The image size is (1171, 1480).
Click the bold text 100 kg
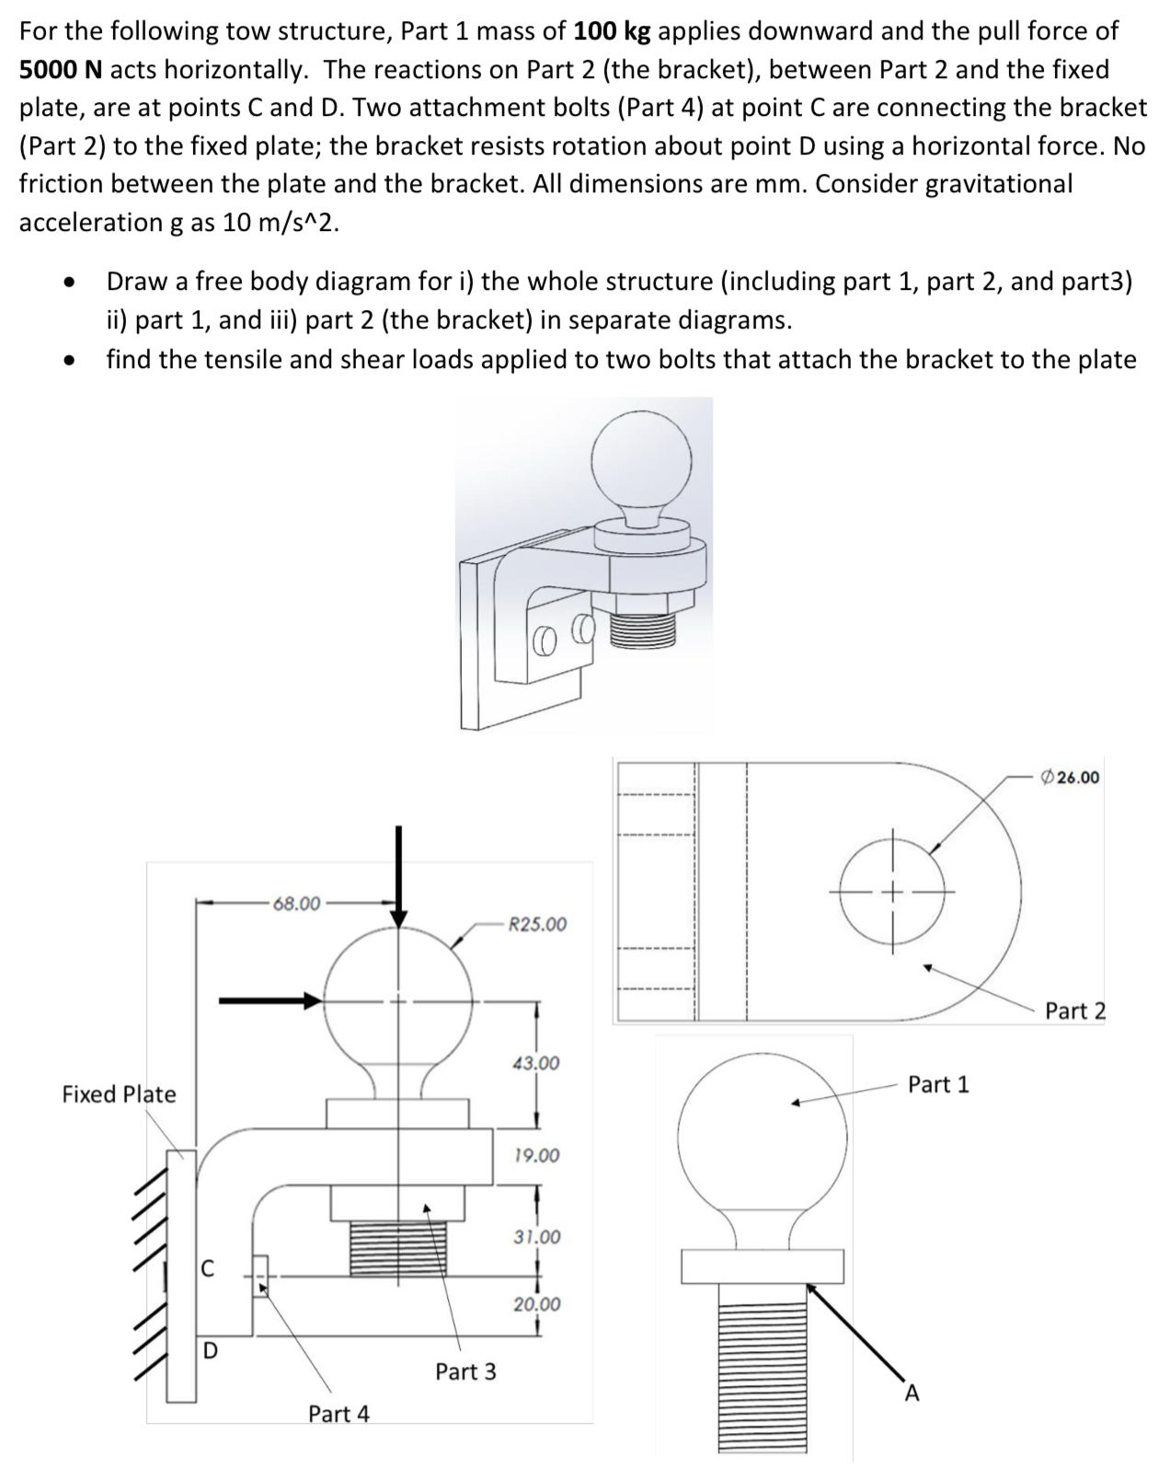[612, 31]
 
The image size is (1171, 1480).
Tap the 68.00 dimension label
[297, 903]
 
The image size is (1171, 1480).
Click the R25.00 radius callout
[537, 923]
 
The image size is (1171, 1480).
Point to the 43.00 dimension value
[535, 1063]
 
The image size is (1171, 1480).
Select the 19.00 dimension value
[536, 1155]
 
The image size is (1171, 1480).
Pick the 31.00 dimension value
[536, 1236]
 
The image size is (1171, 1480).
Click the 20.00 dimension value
[536, 1303]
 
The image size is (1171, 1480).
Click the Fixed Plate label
[119, 1093]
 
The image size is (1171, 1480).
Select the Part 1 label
[937, 1084]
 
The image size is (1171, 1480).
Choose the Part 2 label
[1074, 1011]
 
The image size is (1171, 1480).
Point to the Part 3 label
[465, 1371]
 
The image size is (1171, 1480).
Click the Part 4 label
[339, 1414]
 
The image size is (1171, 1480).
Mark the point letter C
[208, 1268]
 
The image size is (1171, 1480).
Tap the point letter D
[210, 1350]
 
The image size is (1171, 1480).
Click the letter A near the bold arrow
[911, 1393]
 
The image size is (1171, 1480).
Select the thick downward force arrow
[398, 874]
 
